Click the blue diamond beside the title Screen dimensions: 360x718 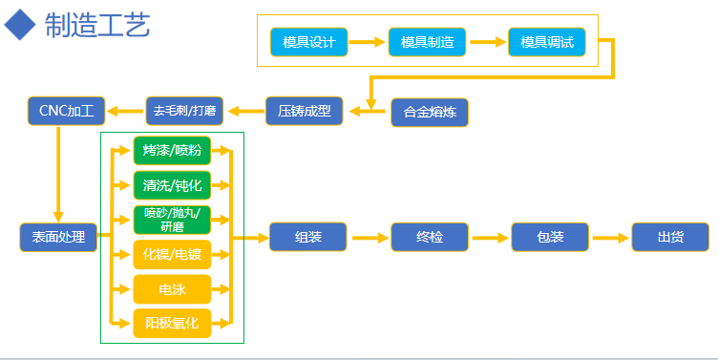20,25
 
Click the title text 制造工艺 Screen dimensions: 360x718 96,25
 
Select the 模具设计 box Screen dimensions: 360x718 309,42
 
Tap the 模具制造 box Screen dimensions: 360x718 427,42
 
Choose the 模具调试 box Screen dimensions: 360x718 547,42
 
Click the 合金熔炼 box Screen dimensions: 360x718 430,113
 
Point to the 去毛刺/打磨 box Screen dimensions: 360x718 184,111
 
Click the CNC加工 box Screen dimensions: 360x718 66,111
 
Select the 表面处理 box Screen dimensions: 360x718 58,237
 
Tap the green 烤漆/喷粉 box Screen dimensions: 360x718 172,150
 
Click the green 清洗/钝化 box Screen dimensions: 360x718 172,184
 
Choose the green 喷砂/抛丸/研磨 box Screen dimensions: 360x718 172,220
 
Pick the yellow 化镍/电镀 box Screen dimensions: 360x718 172,254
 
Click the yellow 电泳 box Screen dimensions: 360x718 172,288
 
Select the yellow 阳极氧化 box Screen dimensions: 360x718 172,324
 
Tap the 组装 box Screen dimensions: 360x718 308,237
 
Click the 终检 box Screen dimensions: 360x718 430,237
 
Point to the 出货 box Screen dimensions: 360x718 670,237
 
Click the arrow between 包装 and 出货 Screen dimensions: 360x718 610,237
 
